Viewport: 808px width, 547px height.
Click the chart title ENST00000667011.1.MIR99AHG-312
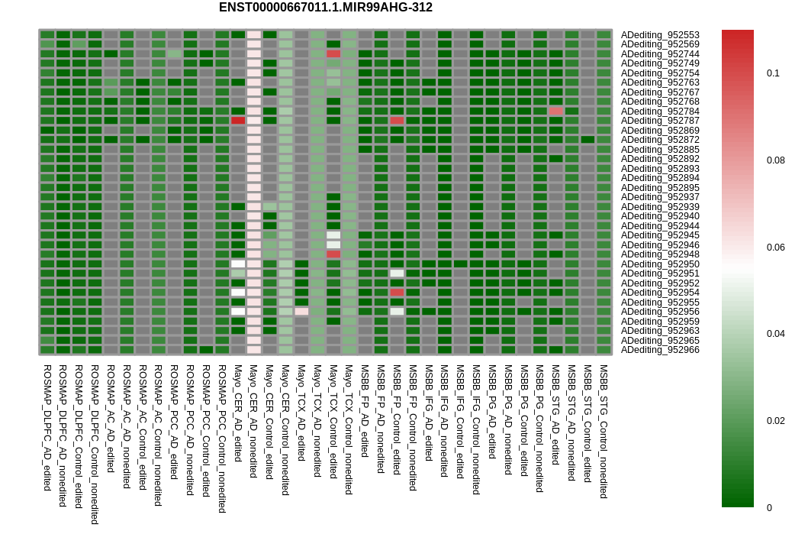click(x=326, y=8)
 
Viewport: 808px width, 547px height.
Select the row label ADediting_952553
click(x=660, y=35)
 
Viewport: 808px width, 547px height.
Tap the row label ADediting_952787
click(x=660, y=121)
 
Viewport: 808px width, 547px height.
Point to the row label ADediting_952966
click(x=660, y=350)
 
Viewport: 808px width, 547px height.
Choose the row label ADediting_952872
click(x=660, y=140)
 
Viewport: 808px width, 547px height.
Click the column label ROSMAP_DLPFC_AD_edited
click(x=47, y=428)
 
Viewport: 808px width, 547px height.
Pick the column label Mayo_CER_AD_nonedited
click(x=253, y=421)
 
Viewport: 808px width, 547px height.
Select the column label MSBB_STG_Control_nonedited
click(x=604, y=432)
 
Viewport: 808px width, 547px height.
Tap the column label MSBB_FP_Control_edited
click(x=397, y=419)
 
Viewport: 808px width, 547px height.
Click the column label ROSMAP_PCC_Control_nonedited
click(x=222, y=439)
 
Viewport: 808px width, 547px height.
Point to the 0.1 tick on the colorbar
click(x=773, y=73)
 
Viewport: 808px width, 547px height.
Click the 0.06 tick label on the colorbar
click(x=775, y=248)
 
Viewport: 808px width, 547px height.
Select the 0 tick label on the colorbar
click(x=769, y=508)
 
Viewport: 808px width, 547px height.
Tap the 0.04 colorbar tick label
click(x=775, y=334)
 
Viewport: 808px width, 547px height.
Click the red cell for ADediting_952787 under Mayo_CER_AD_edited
click(x=238, y=121)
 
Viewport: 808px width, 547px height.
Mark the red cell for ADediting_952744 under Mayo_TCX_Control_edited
click(x=333, y=54)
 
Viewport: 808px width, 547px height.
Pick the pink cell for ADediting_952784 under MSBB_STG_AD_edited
click(x=556, y=112)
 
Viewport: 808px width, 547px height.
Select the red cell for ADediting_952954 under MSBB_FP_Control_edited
click(x=397, y=293)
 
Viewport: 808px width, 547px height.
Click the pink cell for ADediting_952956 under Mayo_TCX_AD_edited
click(x=301, y=312)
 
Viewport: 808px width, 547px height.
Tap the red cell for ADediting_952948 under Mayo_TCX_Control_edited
click(x=333, y=254)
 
